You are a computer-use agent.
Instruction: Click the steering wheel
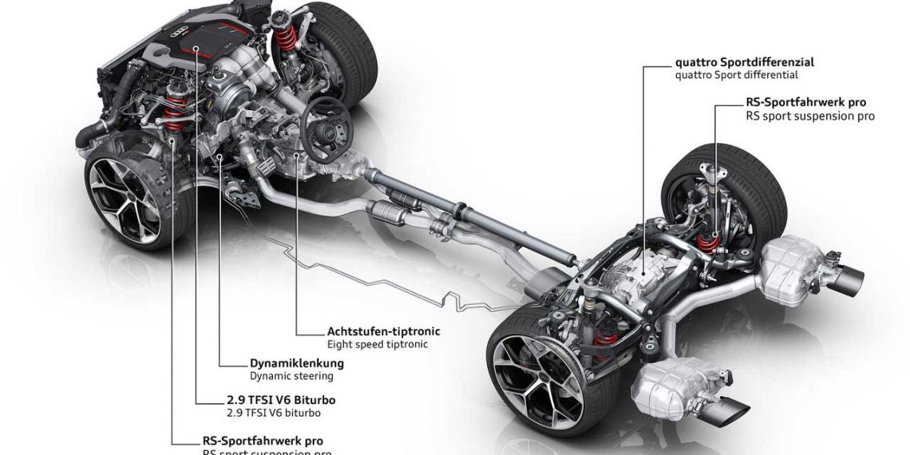[326, 128]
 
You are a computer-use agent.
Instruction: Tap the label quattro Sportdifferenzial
[733, 61]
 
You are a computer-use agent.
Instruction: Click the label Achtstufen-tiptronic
[383, 330]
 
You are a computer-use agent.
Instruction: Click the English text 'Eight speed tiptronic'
[378, 344]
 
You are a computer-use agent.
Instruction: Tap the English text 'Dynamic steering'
[291, 376]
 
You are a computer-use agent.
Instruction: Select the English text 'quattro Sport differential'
[736, 75]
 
